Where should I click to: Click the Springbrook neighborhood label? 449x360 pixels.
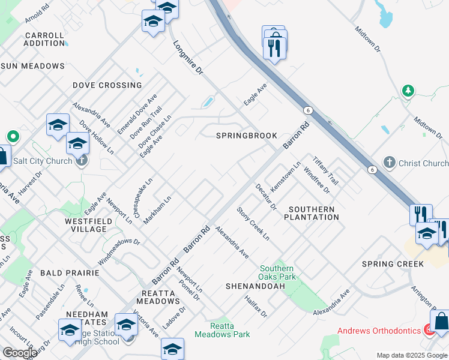click(247, 136)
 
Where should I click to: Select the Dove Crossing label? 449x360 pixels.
click(107, 85)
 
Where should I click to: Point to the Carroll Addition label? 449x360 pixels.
click(44, 39)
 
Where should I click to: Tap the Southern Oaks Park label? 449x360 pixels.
click(277, 272)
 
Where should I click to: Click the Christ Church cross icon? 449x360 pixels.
click(389, 163)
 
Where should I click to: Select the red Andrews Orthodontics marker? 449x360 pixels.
click(429, 330)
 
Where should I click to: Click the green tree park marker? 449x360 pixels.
click(408, 91)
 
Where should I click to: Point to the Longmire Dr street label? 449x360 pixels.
click(188, 58)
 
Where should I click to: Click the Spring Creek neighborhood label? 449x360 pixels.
click(393, 264)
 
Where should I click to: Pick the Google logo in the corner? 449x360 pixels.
click(20, 353)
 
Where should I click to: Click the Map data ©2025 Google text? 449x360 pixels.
click(411, 355)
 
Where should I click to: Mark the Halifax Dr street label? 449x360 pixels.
click(256, 305)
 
